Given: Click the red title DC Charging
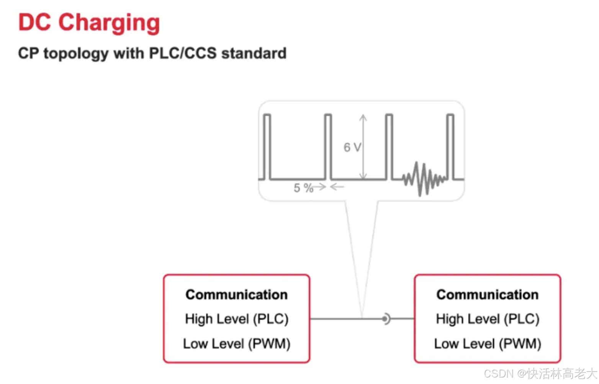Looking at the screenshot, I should (x=89, y=23).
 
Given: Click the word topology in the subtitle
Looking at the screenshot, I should (x=76, y=53).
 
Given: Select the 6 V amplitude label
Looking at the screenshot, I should (x=352, y=147).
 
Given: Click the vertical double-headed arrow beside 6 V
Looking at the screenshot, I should (x=363, y=147).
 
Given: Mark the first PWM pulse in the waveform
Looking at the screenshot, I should (x=267, y=146).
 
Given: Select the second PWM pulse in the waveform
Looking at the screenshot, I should (x=328, y=146).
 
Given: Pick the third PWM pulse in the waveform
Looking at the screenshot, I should (x=389, y=146).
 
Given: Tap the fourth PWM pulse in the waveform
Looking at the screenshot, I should (x=450, y=146).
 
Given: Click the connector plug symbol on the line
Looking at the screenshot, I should (x=386, y=318).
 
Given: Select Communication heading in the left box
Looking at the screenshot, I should (x=236, y=295).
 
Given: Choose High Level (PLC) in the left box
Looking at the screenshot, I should (x=236, y=319).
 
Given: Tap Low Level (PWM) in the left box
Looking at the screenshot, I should (x=236, y=344).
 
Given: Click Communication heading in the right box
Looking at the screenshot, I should (x=487, y=295).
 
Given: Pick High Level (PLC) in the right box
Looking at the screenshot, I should (x=487, y=319).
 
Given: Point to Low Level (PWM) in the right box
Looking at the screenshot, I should (x=487, y=344).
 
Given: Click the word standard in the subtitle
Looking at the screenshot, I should (x=254, y=53).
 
